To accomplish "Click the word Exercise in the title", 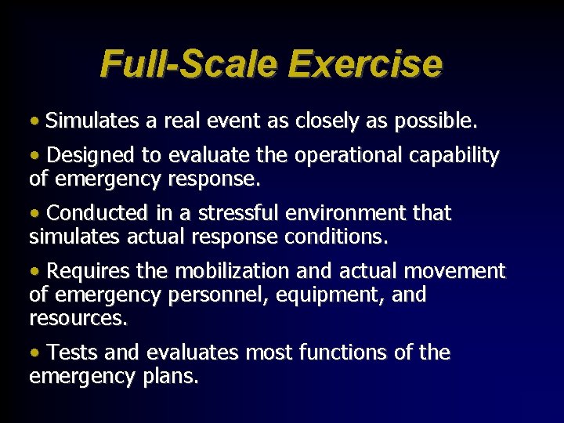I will point(365,63).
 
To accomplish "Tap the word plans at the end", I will point(172,378).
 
